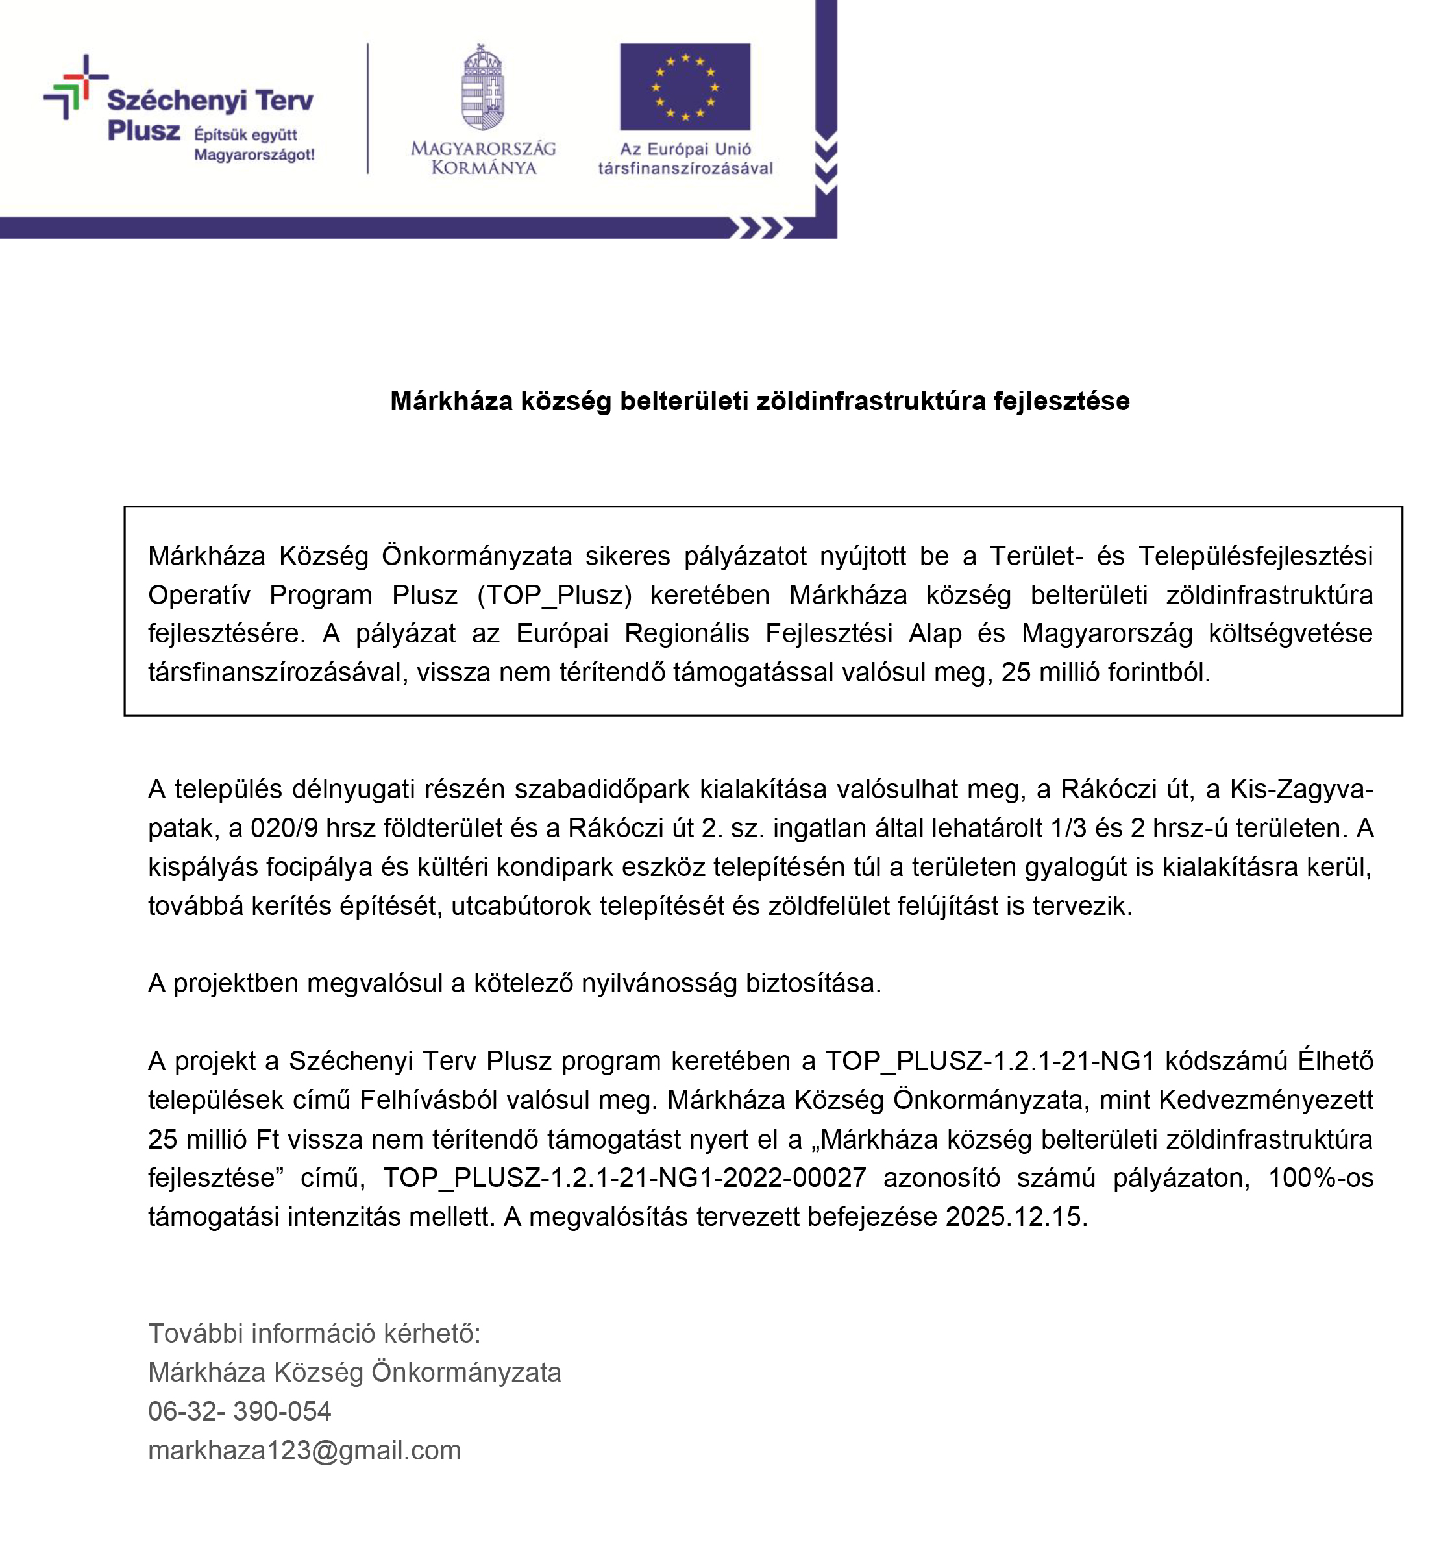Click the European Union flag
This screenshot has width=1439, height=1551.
pyautogui.click(x=685, y=86)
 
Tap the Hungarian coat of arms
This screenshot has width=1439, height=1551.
pyautogui.click(x=483, y=87)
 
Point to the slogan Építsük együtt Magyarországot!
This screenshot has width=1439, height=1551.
pyautogui.click(x=254, y=144)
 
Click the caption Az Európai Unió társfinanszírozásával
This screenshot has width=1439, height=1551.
pyautogui.click(x=685, y=158)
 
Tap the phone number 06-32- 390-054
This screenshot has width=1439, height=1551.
pyautogui.click(x=240, y=1410)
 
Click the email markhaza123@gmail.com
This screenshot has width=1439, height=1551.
pyautogui.click(x=304, y=1449)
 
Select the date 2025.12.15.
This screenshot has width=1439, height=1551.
pyautogui.click(x=1015, y=1215)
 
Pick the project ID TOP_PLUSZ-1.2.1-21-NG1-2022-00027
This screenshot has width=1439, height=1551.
pyautogui.click(x=624, y=1177)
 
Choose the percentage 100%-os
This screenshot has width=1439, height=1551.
pyautogui.click(x=1320, y=1177)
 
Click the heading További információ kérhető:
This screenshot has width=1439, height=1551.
pyautogui.click(x=315, y=1332)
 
